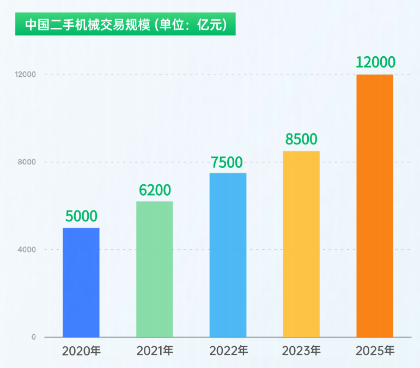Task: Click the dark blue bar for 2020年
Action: pyautogui.click(x=81, y=282)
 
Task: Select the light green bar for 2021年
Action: pyautogui.click(x=155, y=269)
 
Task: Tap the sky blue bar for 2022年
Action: pyautogui.click(x=228, y=255)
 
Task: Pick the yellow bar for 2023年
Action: pyautogui.click(x=301, y=244)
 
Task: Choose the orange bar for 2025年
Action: pyautogui.click(x=374, y=206)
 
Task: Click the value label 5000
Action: pyautogui.click(x=81, y=216)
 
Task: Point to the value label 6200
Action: pyautogui.click(x=155, y=190)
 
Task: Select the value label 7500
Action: pyautogui.click(x=228, y=162)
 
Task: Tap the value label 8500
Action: pyautogui.click(x=301, y=140)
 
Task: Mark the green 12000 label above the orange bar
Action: pyautogui.click(x=375, y=62)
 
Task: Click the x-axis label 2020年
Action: pyautogui.click(x=81, y=351)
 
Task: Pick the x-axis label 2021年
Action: pyautogui.click(x=155, y=351)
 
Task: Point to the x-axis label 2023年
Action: pyautogui.click(x=301, y=351)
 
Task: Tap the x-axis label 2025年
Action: pyautogui.click(x=375, y=351)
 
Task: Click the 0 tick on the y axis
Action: pyautogui.click(x=33, y=337)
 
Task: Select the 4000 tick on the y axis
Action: pyautogui.click(x=27, y=250)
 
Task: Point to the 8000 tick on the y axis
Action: pyautogui.click(x=27, y=162)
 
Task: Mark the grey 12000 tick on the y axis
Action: pyautogui.click(x=26, y=75)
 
